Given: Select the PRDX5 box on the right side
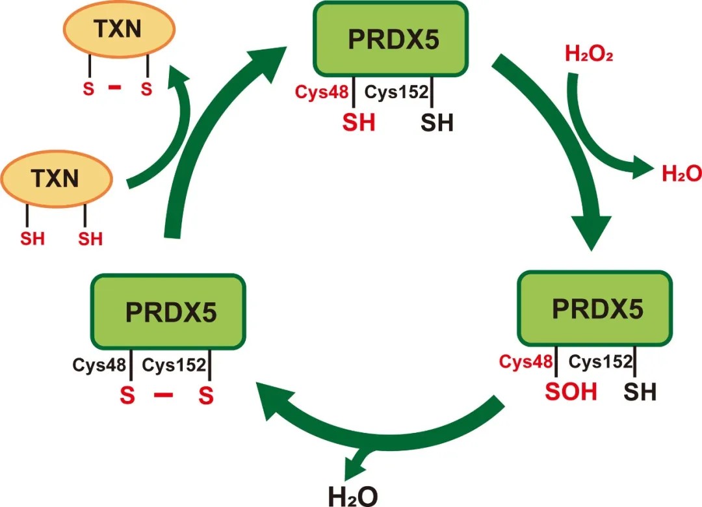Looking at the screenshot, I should [x=593, y=309].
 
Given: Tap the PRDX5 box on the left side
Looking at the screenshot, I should [x=168, y=312].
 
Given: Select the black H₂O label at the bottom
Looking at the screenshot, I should [x=352, y=495].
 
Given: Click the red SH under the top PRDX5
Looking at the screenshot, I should [x=359, y=122].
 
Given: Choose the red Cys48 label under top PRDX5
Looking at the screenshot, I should [x=323, y=93].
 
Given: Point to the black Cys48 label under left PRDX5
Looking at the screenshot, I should [x=97, y=365].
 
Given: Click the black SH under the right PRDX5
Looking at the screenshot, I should [x=640, y=393].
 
